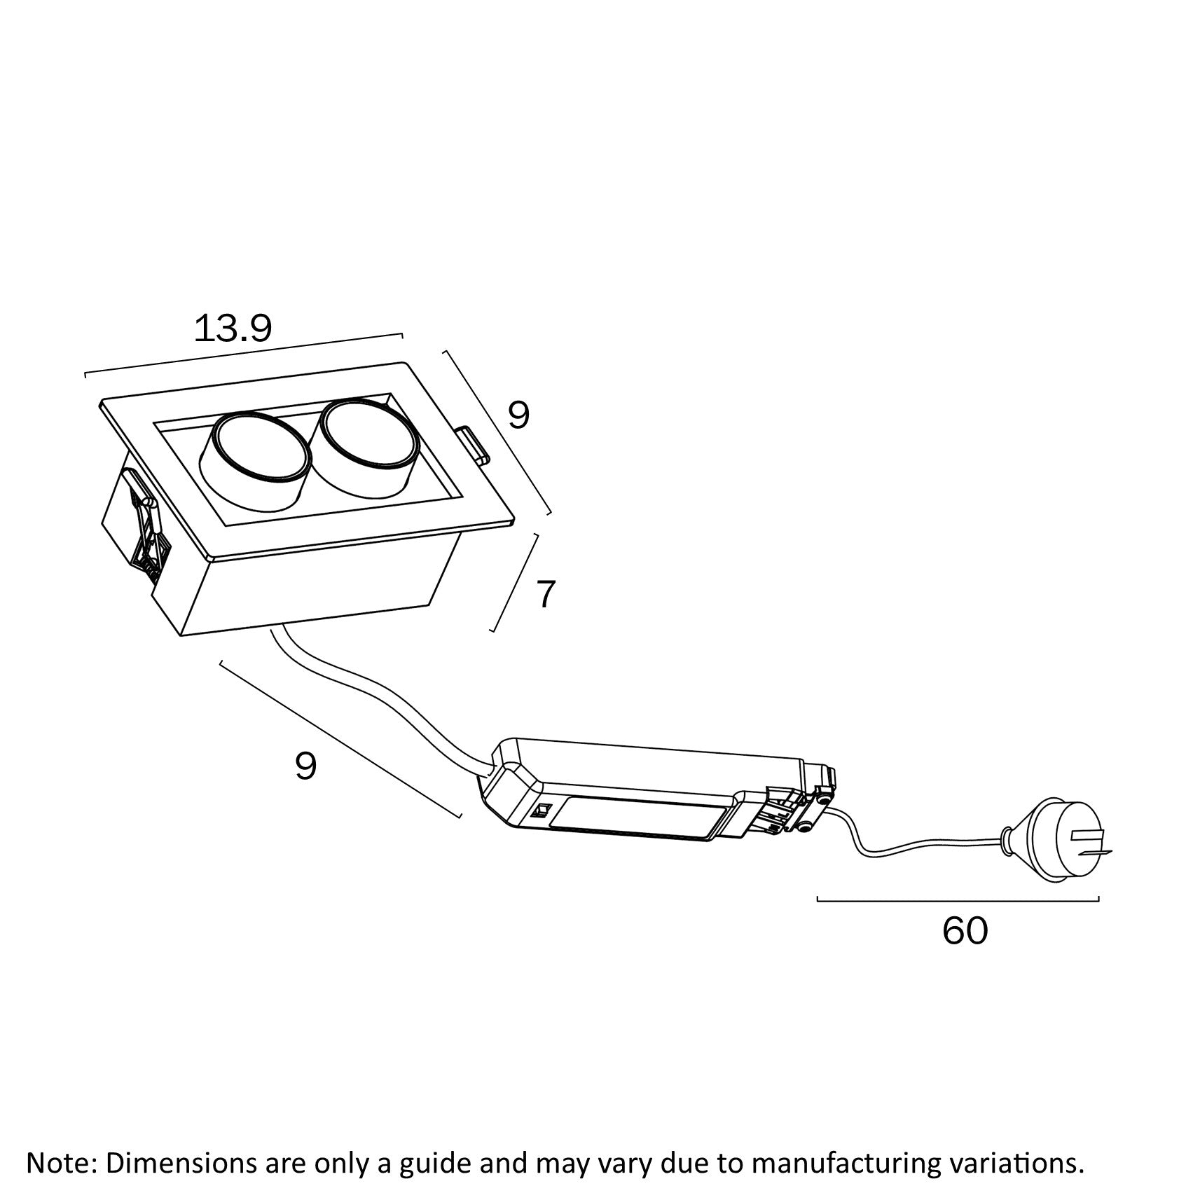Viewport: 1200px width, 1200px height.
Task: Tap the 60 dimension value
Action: [965, 931]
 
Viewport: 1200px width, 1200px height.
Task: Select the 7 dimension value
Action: [545, 595]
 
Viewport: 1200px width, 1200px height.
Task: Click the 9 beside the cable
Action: [305, 766]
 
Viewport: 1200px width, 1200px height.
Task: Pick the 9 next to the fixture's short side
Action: [518, 416]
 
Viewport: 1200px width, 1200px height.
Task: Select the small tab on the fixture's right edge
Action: [474, 446]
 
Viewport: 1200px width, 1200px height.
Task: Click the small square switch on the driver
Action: [541, 812]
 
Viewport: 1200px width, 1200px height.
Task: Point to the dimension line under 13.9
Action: [244, 354]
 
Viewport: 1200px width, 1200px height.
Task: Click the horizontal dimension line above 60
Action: [958, 899]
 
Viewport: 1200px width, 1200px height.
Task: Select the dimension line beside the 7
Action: [515, 583]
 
